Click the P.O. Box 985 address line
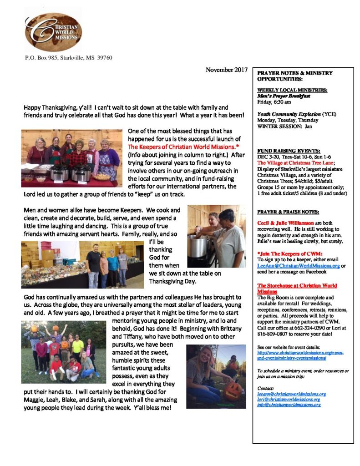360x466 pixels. tap(68, 58)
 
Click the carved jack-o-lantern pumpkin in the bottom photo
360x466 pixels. tap(233, 390)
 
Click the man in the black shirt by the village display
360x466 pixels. tap(93, 266)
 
